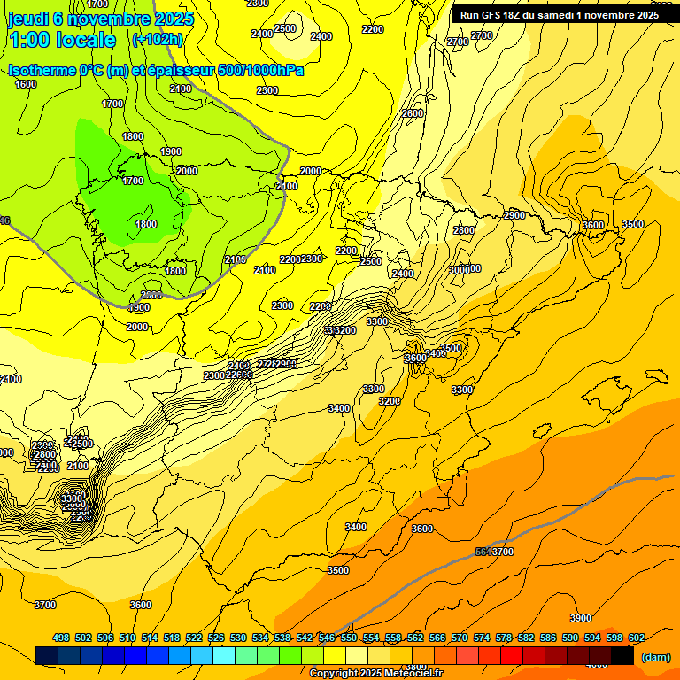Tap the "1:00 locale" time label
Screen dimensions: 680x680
[x=62, y=40]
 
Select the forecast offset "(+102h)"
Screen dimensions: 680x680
[x=158, y=40]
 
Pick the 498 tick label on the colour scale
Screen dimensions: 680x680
[x=61, y=637]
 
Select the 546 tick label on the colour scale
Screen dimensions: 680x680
[x=327, y=637]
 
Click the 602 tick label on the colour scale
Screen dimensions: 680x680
[x=637, y=637]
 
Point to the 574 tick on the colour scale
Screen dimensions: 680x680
[x=482, y=637]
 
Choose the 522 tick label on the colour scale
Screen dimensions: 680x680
[x=194, y=637]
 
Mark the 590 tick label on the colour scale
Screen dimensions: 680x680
[x=570, y=637]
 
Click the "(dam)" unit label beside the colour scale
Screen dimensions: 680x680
[x=655, y=657]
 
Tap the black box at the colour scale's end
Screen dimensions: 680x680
[x=622, y=655]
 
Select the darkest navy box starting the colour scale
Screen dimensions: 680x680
[x=47, y=655]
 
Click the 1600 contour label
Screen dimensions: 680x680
[x=26, y=84]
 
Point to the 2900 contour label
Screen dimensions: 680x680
[x=514, y=215]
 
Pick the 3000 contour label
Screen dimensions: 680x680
[x=460, y=269]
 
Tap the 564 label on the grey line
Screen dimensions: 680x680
[x=483, y=552]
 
